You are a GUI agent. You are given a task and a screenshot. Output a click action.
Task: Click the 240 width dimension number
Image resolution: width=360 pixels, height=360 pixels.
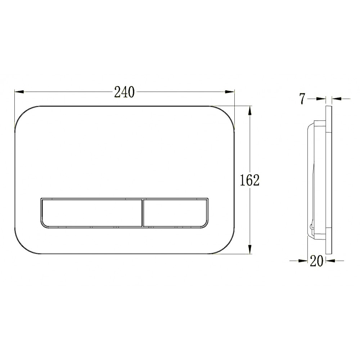pyautogui.click(x=124, y=92)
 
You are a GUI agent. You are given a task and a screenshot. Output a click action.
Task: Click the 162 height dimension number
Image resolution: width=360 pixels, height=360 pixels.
pyautogui.click(x=249, y=180)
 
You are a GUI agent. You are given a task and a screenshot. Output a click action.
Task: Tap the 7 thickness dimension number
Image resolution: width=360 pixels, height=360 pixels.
pyautogui.click(x=302, y=99)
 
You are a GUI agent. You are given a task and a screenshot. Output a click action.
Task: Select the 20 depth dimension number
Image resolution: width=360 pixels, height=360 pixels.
pyautogui.click(x=316, y=261)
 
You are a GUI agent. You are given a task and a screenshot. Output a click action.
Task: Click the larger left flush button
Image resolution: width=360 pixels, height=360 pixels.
pyautogui.click(x=91, y=213)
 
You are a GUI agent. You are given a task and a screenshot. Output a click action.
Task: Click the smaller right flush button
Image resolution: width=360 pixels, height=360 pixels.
pyautogui.click(x=176, y=213)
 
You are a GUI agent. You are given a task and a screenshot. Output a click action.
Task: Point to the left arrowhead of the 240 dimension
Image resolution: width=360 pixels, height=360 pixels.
pyautogui.click(x=19, y=92)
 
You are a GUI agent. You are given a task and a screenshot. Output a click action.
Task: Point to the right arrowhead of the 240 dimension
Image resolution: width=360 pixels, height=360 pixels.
pyautogui.click(x=230, y=92)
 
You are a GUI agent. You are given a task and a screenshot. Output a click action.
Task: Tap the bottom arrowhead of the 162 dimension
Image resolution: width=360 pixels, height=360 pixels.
pyautogui.click(x=250, y=249)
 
